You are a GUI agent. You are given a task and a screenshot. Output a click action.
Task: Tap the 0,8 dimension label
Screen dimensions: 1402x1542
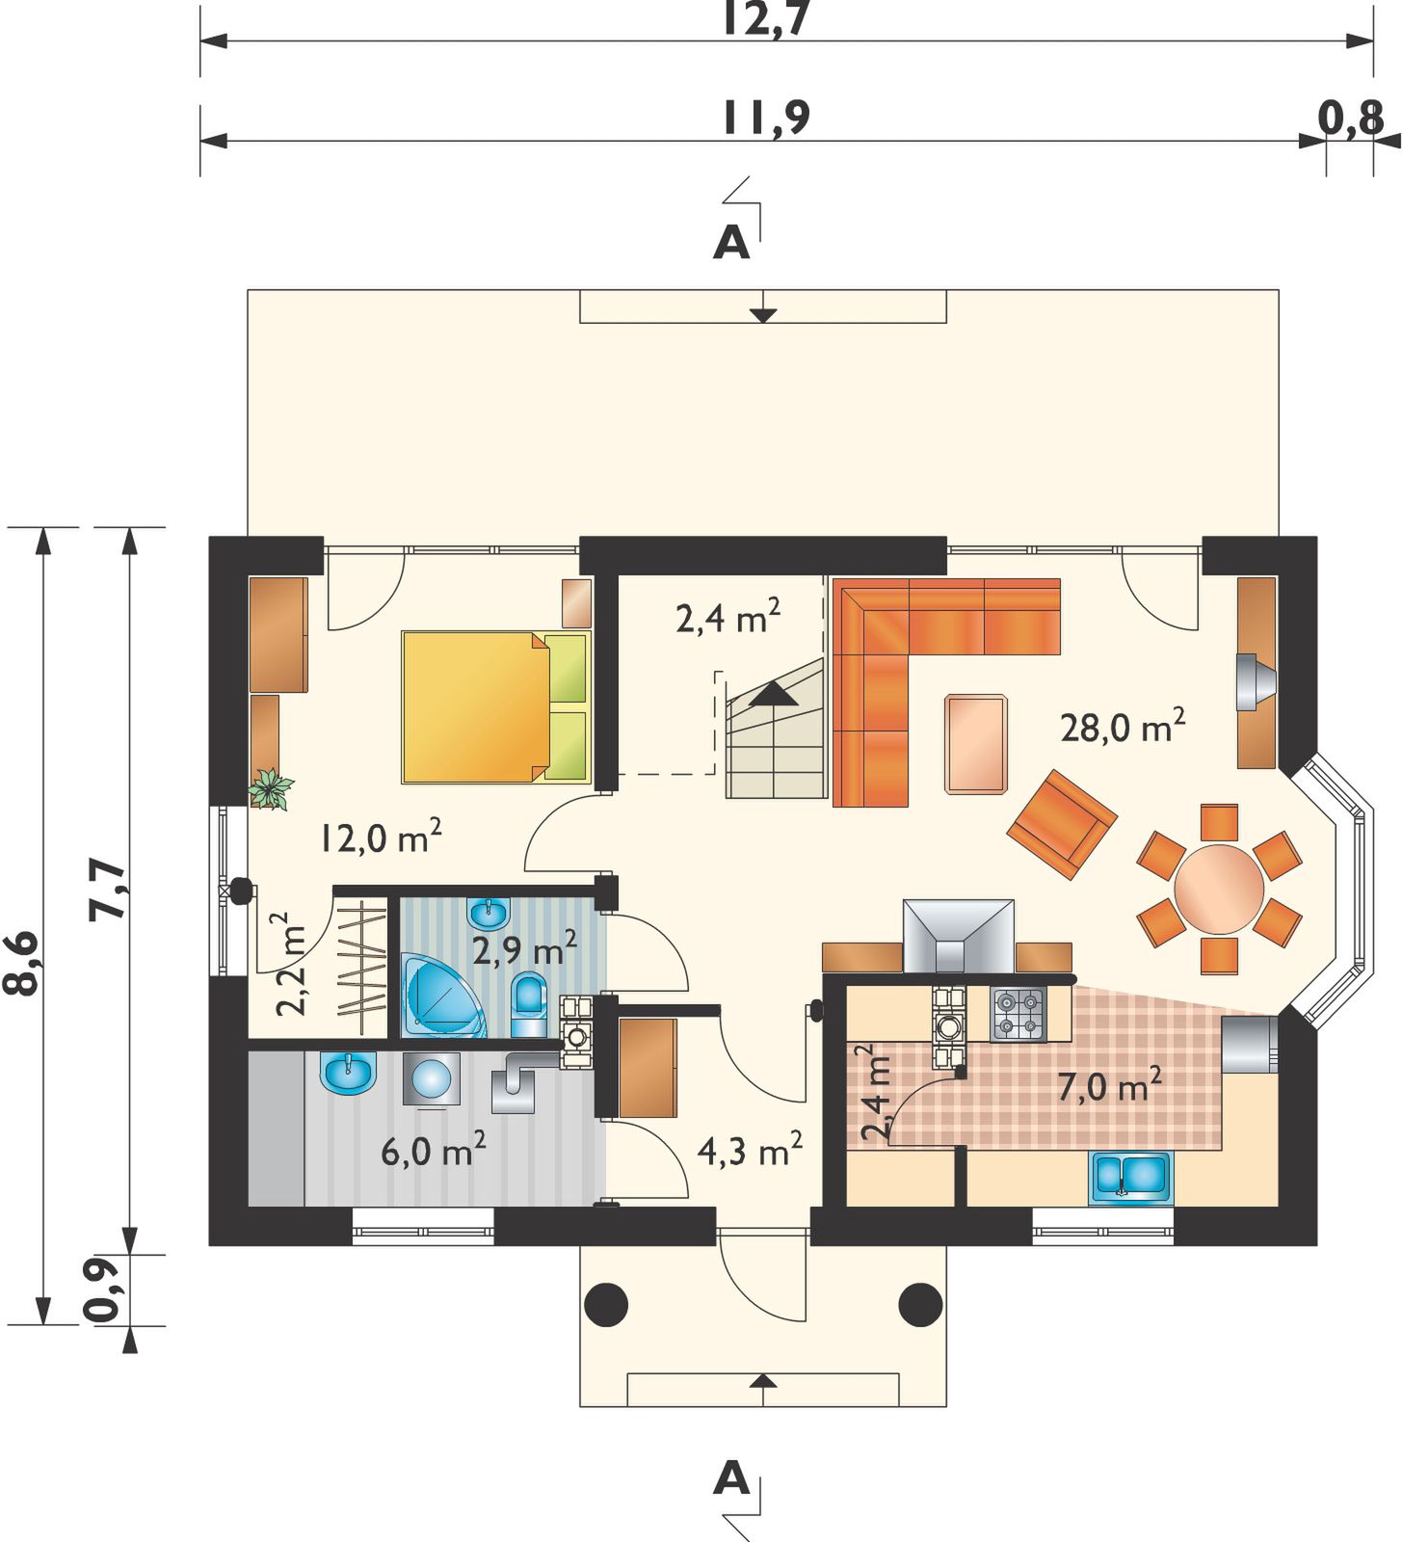coord(1351,118)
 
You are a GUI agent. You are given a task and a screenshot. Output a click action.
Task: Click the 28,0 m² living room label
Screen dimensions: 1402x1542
coord(1123,726)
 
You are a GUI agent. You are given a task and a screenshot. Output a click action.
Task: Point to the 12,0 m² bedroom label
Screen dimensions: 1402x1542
coord(381,837)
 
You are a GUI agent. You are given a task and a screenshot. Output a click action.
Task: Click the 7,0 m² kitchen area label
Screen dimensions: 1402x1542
coord(1109,1085)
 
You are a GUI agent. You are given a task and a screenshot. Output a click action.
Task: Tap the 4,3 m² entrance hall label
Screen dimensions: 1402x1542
coord(750,1150)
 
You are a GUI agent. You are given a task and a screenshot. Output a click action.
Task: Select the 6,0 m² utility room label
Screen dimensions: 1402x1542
coord(433,1150)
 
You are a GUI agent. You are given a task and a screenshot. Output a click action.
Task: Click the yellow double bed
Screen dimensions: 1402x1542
coord(495,706)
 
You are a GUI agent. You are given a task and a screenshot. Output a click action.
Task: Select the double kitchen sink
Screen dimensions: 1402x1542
coord(1131,1178)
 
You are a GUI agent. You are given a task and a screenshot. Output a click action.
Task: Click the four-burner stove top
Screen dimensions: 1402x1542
coord(1018,1014)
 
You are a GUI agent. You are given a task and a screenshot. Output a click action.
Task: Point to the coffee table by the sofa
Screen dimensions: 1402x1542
coord(976,744)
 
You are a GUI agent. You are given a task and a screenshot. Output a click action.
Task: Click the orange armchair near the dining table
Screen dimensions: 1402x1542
coord(1062,824)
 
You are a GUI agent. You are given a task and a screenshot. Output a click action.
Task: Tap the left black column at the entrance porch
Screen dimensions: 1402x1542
coord(606,1305)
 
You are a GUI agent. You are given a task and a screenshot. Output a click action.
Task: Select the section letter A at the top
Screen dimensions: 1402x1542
coord(731,243)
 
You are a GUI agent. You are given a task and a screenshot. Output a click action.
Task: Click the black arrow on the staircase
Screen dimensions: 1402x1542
coord(773,694)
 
